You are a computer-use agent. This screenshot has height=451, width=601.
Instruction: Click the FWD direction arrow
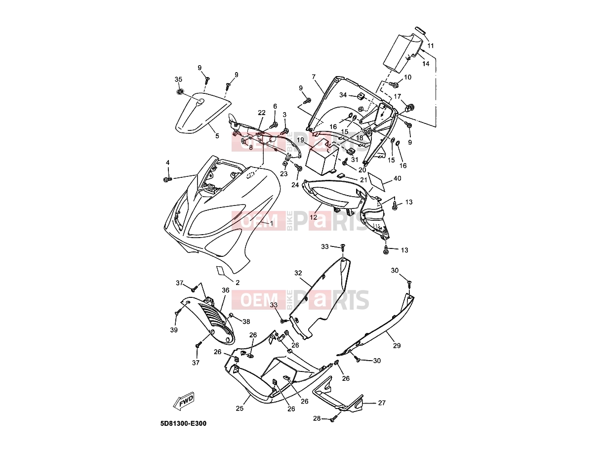pos(184,401)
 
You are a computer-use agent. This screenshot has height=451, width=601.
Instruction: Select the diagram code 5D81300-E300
pos(183,424)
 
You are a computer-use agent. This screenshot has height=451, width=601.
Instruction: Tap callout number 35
pos(178,79)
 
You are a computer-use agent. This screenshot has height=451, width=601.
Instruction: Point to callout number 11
pos(431,46)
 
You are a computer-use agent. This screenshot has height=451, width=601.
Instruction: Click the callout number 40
pos(397,178)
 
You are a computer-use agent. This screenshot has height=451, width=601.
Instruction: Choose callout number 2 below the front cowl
pos(238,283)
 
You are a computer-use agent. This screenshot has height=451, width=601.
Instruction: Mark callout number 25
pos(240,409)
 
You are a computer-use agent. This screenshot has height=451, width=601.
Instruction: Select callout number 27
pos(382,403)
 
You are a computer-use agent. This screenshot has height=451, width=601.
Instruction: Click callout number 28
pos(317,418)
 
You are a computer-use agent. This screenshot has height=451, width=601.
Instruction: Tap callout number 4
pos(167,163)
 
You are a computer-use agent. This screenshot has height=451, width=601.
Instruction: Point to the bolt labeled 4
pos(167,179)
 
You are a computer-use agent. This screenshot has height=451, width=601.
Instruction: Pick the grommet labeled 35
pos(179,91)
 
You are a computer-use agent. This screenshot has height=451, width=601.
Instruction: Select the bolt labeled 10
pos(395,84)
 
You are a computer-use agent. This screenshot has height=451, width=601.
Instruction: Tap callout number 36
pos(225,290)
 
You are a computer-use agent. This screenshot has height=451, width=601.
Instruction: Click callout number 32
pos(298,273)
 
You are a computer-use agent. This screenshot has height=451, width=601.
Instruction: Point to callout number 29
pos(397,346)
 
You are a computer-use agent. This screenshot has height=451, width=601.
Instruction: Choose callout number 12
pos(313,217)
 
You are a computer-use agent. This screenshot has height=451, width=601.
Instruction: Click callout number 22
pos(261,113)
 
